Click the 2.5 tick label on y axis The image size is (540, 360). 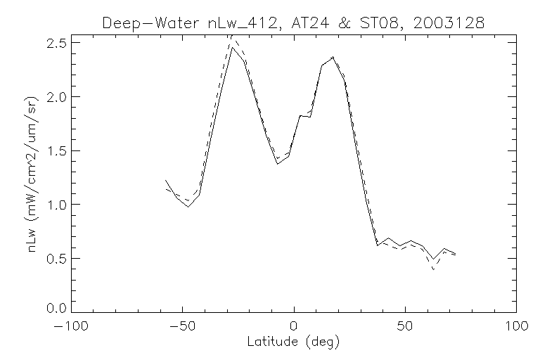pos(56,43)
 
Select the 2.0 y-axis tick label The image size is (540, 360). pos(56,97)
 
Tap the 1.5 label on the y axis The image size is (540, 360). pos(56,150)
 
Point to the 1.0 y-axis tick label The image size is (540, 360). pos(56,205)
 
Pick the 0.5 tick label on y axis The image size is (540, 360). pos(56,258)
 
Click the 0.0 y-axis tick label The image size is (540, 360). pos(56,308)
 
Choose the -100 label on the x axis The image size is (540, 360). pos(72,328)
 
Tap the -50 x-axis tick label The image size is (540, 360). pos(183,328)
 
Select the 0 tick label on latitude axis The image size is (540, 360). pos(294,328)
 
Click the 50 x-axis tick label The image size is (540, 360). pos(405,328)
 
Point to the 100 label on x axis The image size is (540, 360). pos(516,328)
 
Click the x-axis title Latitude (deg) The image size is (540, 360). pos(294,342)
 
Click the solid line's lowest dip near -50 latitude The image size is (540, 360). pos(188,207)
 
